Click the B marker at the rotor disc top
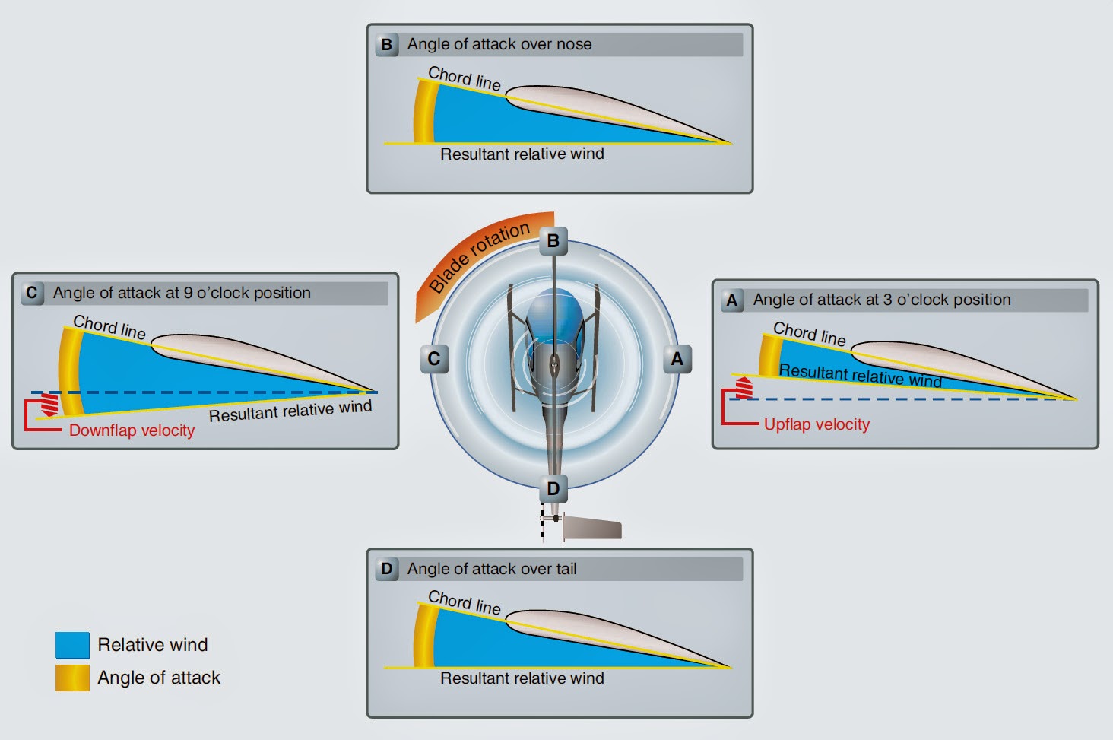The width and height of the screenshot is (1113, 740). [553, 242]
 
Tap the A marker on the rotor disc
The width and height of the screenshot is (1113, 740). [677, 359]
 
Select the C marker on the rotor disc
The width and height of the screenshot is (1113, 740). [434, 359]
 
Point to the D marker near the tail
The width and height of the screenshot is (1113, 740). [553, 488]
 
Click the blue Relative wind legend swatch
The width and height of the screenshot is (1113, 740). [72, 645]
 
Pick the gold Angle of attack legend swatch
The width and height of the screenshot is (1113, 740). [72, 678]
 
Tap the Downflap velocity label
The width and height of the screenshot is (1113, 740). [132, 430]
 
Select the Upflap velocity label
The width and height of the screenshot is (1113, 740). [817, 424]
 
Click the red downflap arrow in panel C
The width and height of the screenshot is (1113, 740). [49, 404]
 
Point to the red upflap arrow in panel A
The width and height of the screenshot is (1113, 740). [744, 387]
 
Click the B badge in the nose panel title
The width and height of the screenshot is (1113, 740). [387, 44]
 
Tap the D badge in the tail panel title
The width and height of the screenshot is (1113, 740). [387, 569]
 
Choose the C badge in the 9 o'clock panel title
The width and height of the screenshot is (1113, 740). [32, 293]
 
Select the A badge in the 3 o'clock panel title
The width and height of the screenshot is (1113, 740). [732, 300]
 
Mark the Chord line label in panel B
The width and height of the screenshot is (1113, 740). [465, 78]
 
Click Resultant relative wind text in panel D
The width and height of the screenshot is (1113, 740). [522, 678]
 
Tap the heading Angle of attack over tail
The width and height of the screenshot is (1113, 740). [492, 569]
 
